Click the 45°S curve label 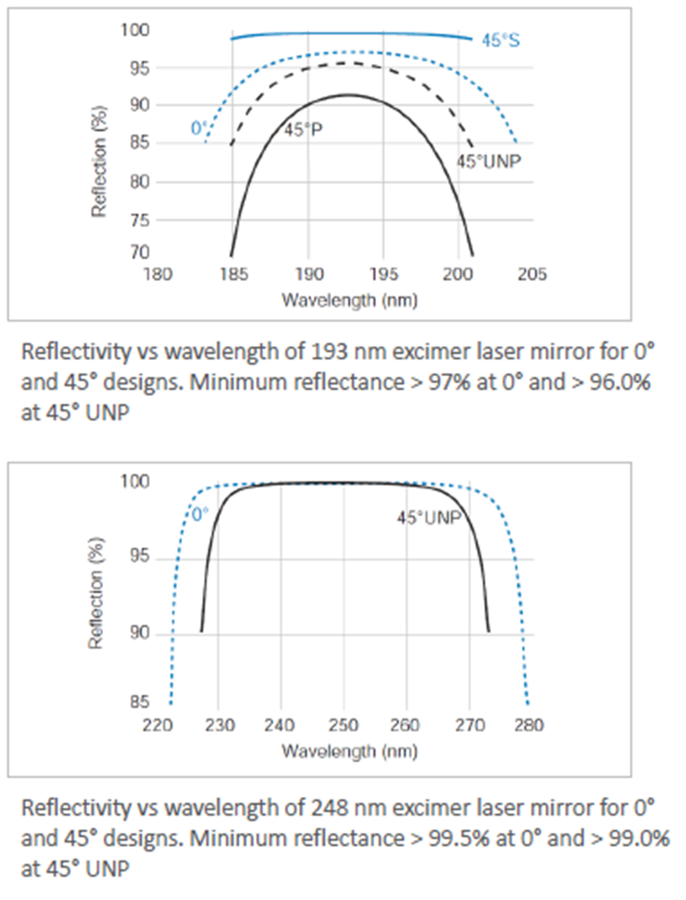coord(500,40)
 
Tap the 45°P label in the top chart coord(303,130)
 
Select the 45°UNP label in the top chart coord(488,162)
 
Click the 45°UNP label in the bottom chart coord(429,517)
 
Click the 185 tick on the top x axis coord(234,274)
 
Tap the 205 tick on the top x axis coord(532,274)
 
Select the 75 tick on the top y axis coord(139,220)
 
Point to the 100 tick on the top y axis coord(136,30)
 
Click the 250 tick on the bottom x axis coord(344,726)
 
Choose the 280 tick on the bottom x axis coord(529,726)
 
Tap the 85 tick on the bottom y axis coord(139,702)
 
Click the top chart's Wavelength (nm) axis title coord(349,300)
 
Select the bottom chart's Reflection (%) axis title coord(96,594)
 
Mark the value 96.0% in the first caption coord(620,382)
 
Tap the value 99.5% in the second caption coord(459,838)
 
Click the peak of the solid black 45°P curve coord(348,94)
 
